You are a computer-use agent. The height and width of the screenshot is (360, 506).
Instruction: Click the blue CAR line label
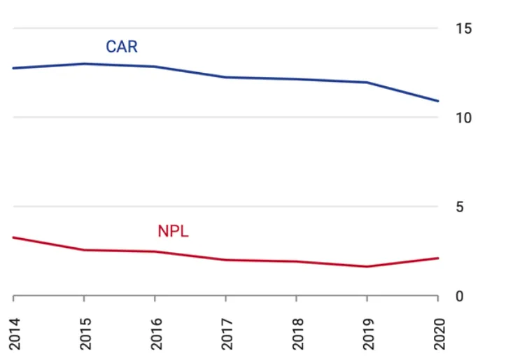pos(122,47)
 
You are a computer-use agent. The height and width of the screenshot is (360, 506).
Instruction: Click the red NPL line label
pos(173,231)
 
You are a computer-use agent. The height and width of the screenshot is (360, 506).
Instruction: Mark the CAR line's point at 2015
pos(84,64)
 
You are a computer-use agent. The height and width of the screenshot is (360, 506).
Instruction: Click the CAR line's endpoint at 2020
pos(437,101)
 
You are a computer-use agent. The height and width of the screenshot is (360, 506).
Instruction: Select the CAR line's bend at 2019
pos(367,83)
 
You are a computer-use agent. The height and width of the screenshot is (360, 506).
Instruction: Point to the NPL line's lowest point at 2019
pos(367,266)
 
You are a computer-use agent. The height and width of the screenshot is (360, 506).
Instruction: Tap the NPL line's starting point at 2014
pos(13,237)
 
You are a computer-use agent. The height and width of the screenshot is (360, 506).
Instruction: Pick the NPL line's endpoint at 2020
pos(437,258)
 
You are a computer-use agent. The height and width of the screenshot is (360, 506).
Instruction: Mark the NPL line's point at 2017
pos(225,260)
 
